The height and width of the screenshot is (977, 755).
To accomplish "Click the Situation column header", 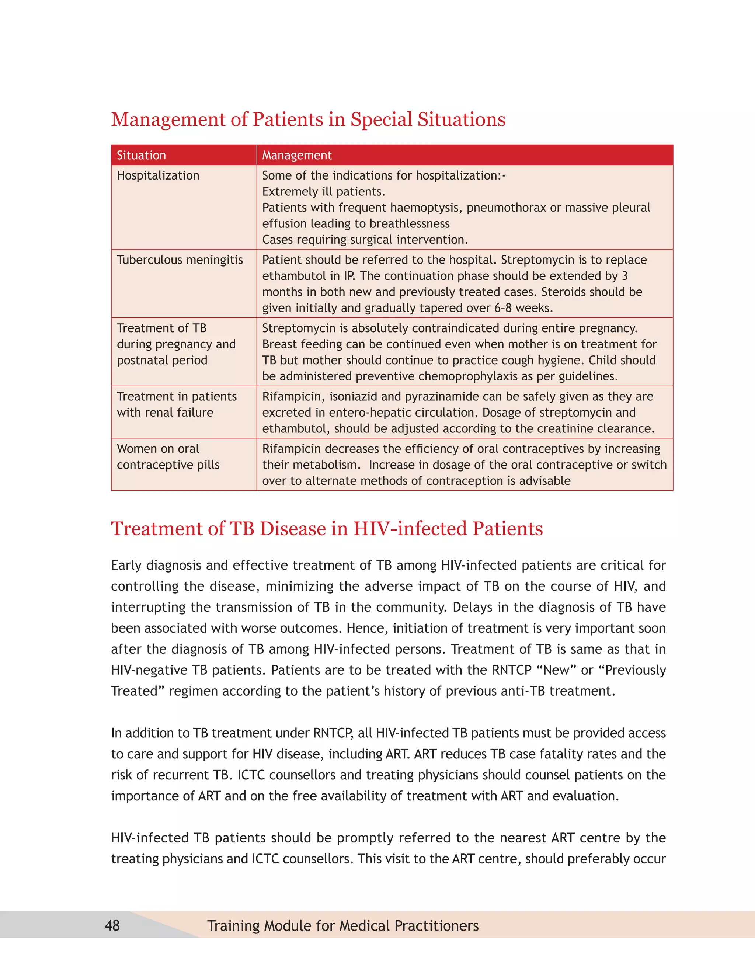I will (x=141, y=155).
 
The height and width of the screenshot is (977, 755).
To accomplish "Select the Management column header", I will (x=296, y=155).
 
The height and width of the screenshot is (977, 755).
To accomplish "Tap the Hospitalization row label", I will (x=158, y=175).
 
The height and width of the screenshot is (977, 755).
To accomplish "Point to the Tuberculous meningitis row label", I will (x=180, y=260).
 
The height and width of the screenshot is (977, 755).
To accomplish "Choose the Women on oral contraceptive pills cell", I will (x=168, y=457).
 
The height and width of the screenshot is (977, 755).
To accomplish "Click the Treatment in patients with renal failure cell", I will (x=177, y=404).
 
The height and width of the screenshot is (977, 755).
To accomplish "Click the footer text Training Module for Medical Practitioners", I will (x=342, y=925).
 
